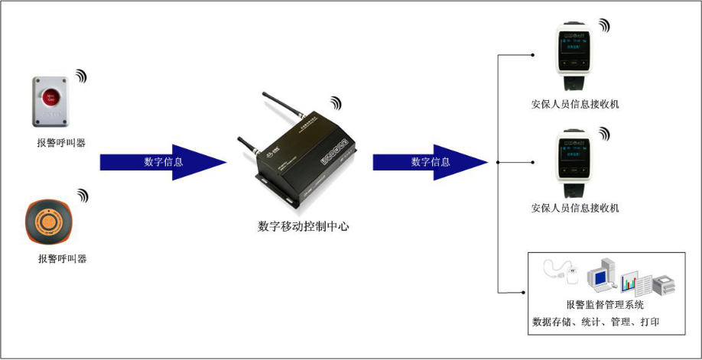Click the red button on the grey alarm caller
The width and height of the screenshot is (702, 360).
50,97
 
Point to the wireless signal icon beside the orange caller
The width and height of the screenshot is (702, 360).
80,195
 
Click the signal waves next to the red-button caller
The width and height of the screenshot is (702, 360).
80,76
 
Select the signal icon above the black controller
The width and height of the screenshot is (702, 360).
336,102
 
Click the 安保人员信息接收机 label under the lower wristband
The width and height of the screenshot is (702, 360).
575,208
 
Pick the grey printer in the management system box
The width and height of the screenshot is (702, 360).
663,284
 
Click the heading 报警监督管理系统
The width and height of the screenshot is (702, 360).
605,305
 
